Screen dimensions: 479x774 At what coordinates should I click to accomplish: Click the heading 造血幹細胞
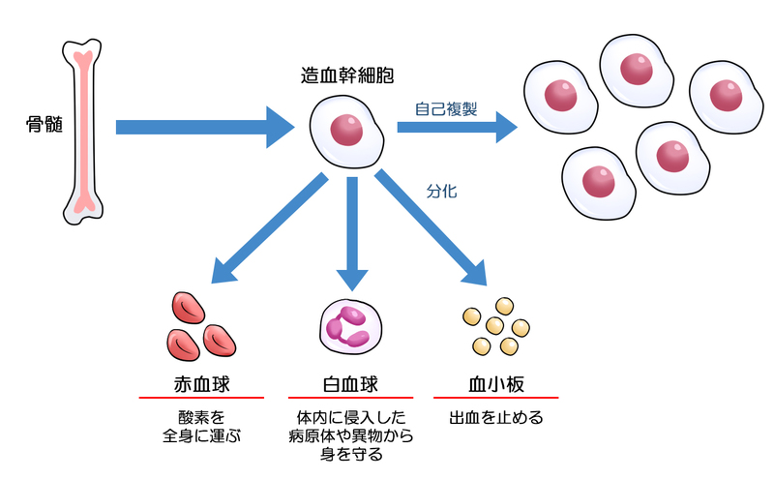coord(347,75)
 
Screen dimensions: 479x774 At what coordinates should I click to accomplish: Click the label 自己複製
coord(446,108)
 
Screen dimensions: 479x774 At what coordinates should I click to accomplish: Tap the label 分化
coord(441,191)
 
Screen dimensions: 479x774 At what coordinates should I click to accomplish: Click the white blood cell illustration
coord(347,326)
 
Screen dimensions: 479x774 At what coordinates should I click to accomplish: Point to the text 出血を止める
coord(495,419)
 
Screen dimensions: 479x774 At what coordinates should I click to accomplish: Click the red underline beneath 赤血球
coord(200,398)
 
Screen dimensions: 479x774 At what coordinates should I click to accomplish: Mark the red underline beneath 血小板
coord(495,398)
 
